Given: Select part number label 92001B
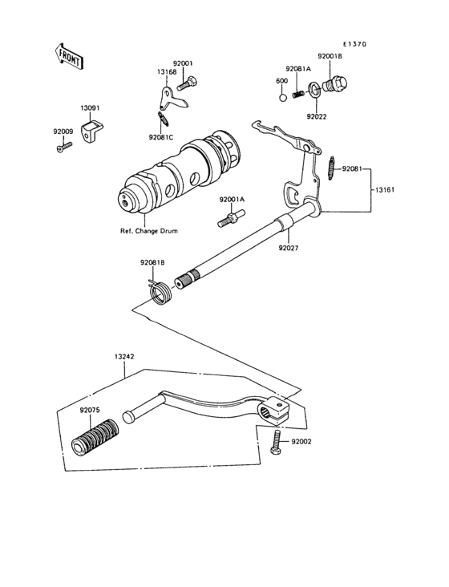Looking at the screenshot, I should pyautogui.click(x=329, y=56).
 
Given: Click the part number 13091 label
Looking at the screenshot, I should pyautogui.click(x=90, y=107).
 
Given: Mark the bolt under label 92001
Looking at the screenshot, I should pyautogui.click(x=185, y=80).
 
